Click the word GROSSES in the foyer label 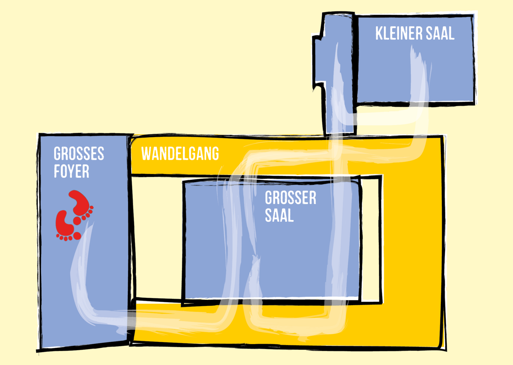(79, 153)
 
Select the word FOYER (71, 171)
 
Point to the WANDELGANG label (180, 153)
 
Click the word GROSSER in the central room (291, 198)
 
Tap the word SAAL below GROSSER (279, 215)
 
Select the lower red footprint (68, 226)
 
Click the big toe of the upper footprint (77, 221)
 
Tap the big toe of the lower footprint (77, 236)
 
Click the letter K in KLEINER (379, 33)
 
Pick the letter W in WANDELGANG (147, 153)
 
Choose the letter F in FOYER (57, 171)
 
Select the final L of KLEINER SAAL (451, 33)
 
